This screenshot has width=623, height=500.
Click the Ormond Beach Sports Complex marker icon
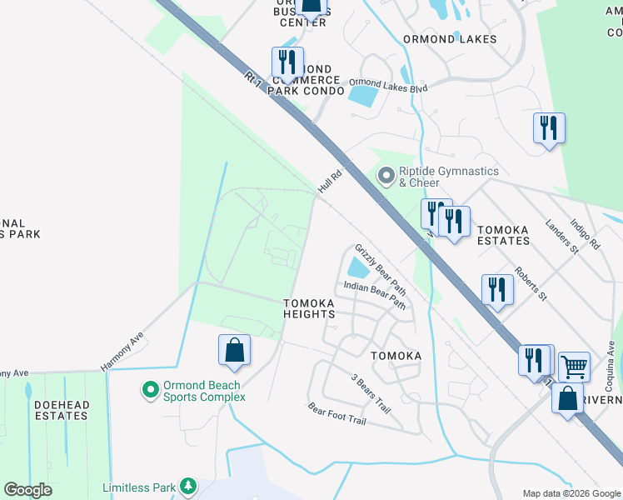coord(150,389)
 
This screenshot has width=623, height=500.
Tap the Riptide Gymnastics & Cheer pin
coord(385,176)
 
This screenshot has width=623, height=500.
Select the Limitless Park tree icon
coord(189,485)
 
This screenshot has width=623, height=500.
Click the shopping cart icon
coord(574,365)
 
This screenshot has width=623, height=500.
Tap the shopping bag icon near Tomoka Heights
coord(234,350)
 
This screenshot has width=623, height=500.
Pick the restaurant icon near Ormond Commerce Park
coord(287,62)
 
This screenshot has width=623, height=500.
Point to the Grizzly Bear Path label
coord(381,270)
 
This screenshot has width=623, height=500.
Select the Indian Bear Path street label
coord(374,295)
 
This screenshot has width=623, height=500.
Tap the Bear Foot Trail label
coord(337,414)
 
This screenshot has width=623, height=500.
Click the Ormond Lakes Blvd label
coord(388,85)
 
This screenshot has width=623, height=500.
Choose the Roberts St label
coord(530,283)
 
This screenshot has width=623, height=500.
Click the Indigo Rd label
coord(585,234)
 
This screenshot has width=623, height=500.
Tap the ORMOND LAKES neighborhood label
coord(450,39)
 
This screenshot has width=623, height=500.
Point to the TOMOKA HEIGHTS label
coord(309,308)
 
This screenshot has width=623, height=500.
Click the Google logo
coord(28,490)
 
